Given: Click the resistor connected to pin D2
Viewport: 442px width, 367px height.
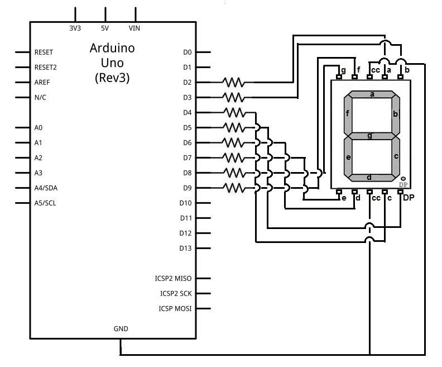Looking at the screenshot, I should (233, 82).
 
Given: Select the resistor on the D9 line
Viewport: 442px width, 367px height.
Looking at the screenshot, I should (233, 188).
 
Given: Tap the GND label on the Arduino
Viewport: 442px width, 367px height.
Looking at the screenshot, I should (121, 329).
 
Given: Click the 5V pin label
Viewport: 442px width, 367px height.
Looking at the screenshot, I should (105, 27).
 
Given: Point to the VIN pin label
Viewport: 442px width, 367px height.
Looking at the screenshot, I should (134, 27).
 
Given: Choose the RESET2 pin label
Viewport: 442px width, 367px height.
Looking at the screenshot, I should (46, 67).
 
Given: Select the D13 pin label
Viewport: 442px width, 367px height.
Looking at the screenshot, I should (186, 248).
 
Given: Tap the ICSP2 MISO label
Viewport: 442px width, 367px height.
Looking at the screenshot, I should (173, 278).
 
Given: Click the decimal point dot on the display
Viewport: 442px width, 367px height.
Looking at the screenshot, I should (403, 178).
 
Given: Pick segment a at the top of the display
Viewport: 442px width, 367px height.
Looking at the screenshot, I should (372, 94).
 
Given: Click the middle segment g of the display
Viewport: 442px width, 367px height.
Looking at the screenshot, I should (372, 136).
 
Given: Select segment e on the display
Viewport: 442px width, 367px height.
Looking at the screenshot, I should (348, 157).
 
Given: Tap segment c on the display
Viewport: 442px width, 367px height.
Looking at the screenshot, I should (396, 156).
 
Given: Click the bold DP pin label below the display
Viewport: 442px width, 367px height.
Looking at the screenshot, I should (409, 198).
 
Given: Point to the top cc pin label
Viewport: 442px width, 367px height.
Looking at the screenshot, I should (376, 70).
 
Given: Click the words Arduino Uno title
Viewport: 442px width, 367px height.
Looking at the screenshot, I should (112, 55).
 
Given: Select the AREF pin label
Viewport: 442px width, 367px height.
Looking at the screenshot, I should (42, 82).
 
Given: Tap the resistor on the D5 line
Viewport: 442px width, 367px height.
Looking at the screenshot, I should (233, 127).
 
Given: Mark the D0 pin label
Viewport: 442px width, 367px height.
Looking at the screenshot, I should (187, 52).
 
